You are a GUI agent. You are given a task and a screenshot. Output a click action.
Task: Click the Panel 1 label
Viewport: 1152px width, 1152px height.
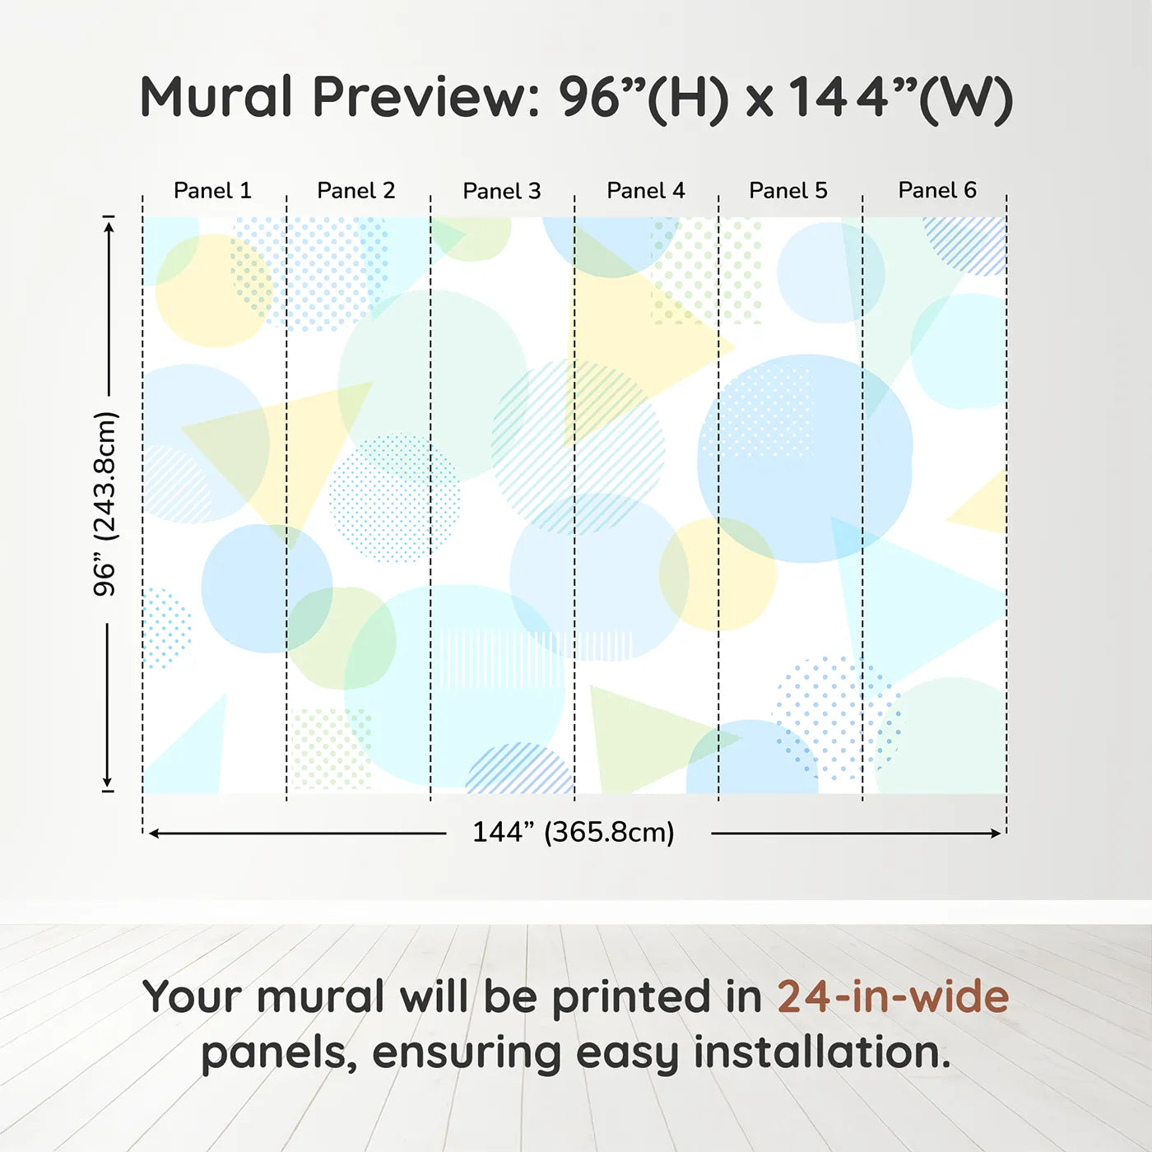(x=212, y=191)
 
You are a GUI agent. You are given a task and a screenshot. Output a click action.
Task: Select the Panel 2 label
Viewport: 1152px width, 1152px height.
(x=356, y=191)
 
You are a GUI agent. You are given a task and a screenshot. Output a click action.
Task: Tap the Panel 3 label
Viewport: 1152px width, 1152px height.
(x=502, y=192)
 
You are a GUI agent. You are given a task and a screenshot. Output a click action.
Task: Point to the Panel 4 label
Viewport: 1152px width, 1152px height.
(x=646, y=191)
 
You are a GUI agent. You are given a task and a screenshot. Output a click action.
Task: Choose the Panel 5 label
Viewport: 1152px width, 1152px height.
(x=788, y=191)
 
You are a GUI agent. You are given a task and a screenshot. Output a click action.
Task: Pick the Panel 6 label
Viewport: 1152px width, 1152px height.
(x=937, y=190)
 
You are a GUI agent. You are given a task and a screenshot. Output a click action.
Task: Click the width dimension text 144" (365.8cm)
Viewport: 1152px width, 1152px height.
(x=574, y=832)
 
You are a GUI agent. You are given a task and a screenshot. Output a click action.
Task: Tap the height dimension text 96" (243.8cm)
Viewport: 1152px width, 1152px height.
(x=105, y=504)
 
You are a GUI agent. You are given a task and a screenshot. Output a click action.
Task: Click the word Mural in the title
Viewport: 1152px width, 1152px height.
(x=216, y=97)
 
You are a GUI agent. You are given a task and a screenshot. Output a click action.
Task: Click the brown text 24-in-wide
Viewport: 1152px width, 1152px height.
(x=893, y=996)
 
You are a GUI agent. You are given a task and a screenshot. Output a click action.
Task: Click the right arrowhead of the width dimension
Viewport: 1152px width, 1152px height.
(x=996, y=834)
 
